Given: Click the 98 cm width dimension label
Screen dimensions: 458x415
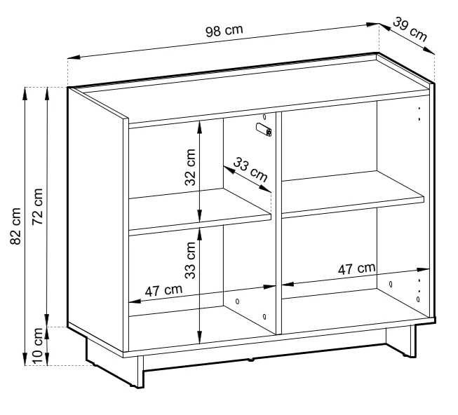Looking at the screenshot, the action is [224, 31].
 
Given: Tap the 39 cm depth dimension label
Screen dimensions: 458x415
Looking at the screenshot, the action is [410, 29].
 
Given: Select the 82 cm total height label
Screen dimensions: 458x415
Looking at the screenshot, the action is [15, 226].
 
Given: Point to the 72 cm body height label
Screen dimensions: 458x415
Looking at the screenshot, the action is [37, 207].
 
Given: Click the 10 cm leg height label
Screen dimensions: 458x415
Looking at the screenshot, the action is [37, 346].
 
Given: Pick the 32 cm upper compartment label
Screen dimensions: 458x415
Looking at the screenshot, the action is [190, 168].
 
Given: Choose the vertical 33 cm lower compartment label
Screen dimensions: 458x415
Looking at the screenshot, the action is [190, 260].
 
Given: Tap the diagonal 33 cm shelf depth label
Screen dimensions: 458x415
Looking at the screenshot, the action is [250, 170].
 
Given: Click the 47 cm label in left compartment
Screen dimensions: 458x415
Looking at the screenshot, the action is [163, 290].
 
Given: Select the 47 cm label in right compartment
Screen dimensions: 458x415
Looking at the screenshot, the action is [356, 268].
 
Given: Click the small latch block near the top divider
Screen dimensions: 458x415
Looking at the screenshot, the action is [264, 130].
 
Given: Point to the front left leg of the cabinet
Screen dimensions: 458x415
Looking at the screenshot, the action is [140, 372].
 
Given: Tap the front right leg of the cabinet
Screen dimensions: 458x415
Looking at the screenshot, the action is [412, 341].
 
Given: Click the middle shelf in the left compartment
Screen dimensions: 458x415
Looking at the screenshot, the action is [200, 212].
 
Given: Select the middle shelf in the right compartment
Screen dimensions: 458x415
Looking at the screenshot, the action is [353, 194].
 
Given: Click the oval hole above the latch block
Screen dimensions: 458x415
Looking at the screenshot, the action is [264, 117].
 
